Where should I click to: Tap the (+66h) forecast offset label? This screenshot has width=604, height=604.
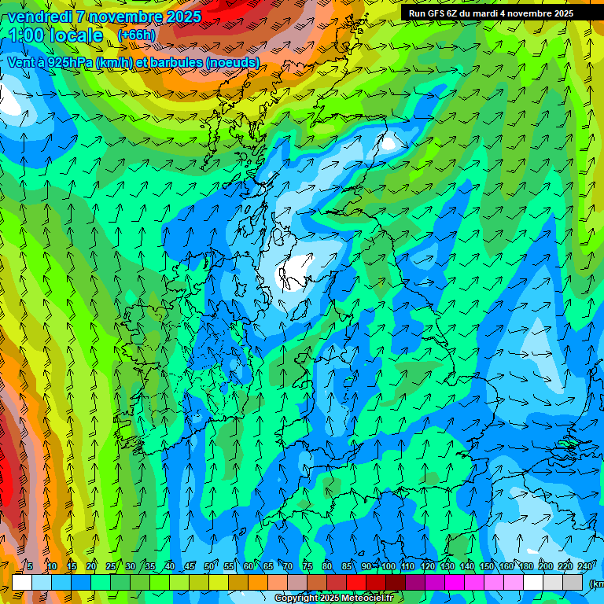click(x=136, y=35)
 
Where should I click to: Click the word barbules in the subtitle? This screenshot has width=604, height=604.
click(x=174, y=63)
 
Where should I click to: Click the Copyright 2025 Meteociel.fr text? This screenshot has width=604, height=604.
click(x=333, y=598)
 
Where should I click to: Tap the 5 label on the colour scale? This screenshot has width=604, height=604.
click(x=30, y=566)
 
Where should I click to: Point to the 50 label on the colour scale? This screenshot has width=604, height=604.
click(x=208, y=566)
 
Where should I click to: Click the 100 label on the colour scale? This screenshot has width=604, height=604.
click(x=389, y=566)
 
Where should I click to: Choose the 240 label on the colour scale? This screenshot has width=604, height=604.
click(x=585, y=566)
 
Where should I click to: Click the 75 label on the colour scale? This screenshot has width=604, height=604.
click(x=308, y=566)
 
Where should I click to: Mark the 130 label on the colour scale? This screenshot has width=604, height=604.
click(x=447, y=566)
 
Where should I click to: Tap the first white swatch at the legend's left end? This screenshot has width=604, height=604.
click(x=22, y=582)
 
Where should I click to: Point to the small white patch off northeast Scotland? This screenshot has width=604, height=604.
click(x=389, y=144)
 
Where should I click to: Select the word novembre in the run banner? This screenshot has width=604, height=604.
click(x=528, y=13)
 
